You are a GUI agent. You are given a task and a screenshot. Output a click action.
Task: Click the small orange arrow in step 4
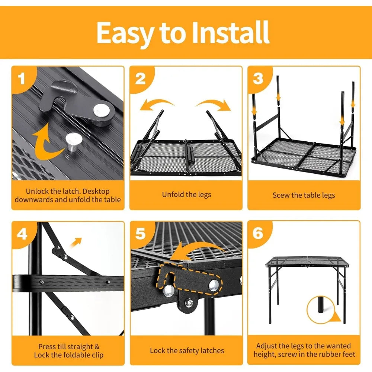tap(76, 242)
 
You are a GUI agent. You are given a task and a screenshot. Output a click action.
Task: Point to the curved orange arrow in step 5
tap(197, 251)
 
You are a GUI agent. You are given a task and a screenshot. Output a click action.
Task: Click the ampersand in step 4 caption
tap(97, 347)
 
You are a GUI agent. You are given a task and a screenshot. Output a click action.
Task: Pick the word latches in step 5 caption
tap(212, 350)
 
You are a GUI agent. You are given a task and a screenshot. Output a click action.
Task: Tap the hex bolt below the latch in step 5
tap(189, 302)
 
